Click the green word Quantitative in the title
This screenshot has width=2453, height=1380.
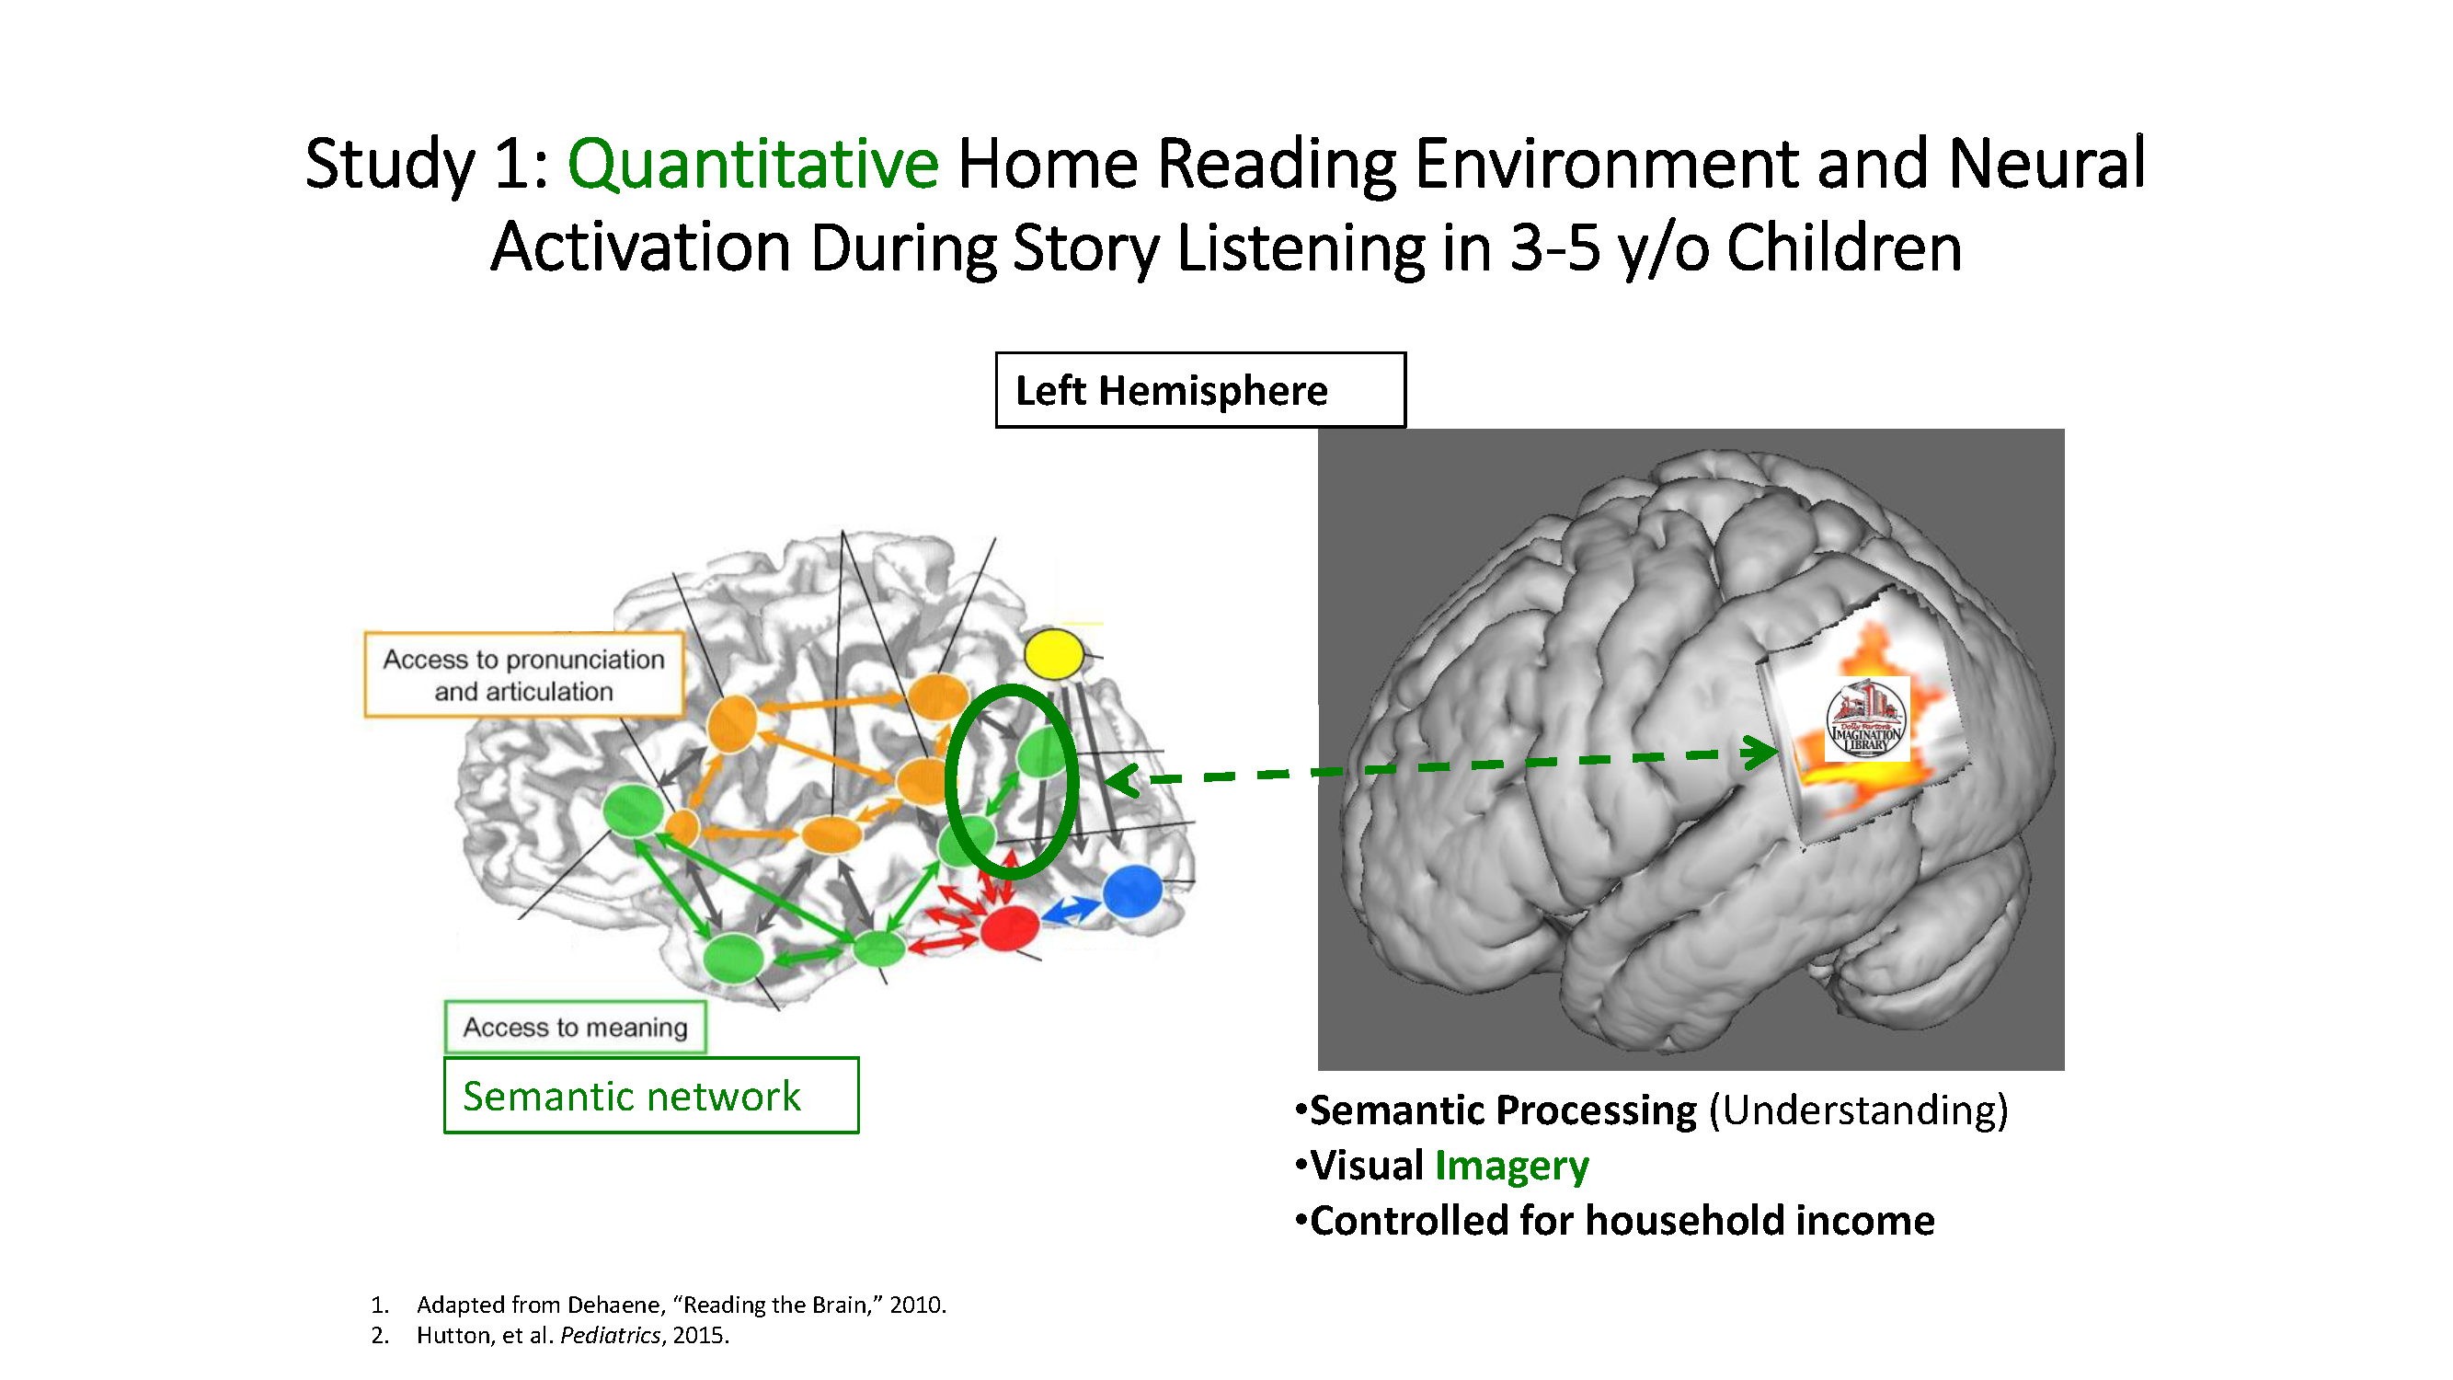[752, 164]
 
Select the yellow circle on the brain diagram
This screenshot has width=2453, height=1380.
[1053, 654]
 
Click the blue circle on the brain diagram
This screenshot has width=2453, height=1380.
[1131, 891]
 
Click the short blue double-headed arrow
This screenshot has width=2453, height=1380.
[1071, 911]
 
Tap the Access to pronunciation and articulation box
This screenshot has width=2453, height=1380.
[523, 674]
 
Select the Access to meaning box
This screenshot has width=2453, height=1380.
[575, 1027]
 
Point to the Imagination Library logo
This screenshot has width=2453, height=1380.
[1865, 719]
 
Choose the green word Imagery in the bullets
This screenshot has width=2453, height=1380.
[1511, 1166]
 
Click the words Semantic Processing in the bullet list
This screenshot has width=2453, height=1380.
[1503, 1110]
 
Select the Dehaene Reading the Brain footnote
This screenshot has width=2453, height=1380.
[681, 1304]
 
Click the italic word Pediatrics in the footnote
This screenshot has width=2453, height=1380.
[610, 1335]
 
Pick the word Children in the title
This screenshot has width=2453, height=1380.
[1843, 247]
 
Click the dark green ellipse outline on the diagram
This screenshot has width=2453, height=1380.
[948, 781]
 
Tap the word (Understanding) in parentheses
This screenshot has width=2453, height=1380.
[1858, 1110]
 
